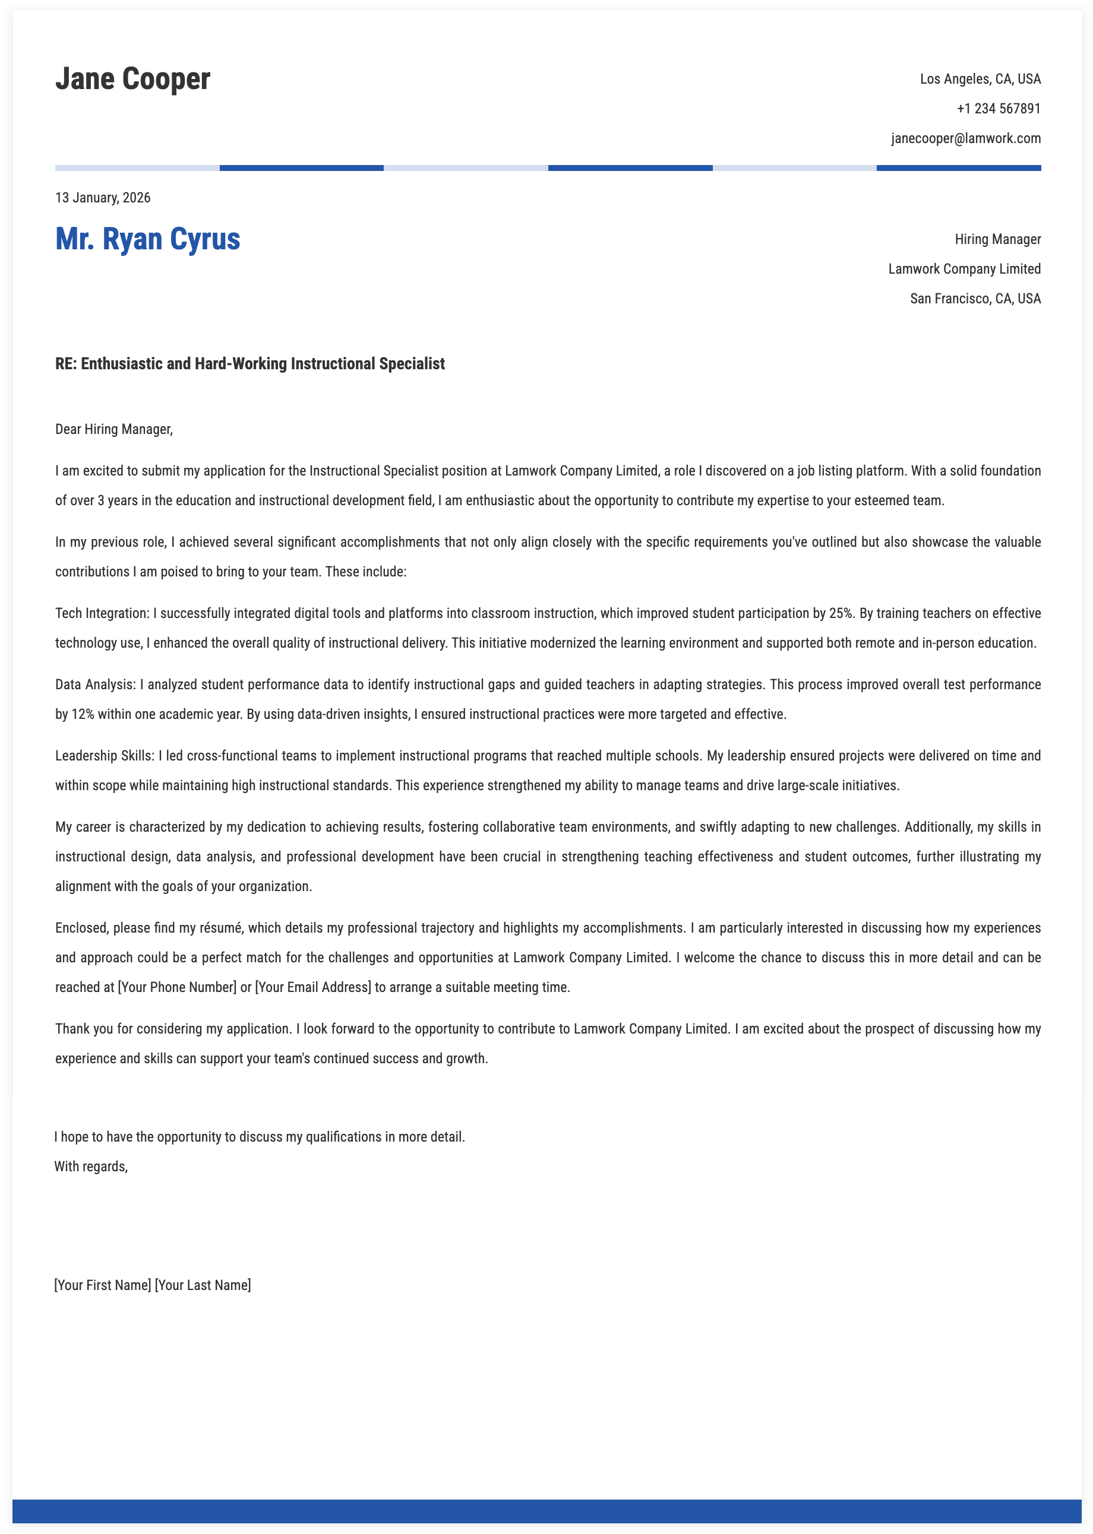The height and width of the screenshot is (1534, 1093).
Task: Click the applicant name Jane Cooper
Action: pyautogui.click(x=132, y=79)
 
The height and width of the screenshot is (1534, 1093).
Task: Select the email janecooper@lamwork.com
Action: pyautogui.click(x=965, y=138)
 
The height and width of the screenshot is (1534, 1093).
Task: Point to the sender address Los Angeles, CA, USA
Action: pyautogui.click(x=980, y=80)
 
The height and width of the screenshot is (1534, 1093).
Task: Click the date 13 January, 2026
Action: pyautogui.click(x=103, y=198)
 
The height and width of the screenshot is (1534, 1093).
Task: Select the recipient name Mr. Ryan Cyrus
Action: pyautogui.click(x=147, y=239)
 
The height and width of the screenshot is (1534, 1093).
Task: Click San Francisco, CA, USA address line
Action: pyautogui.click(x=975, y=299)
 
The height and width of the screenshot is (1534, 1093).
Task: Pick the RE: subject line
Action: pyautogui.click(x=249, y=364)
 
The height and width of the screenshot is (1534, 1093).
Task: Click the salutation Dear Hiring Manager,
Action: pyautogui.click(x=113, y=429)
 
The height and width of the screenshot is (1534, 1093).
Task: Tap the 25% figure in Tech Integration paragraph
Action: pyautogui.click(x=841, y=613)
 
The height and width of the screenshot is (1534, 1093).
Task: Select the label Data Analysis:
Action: pyautogui.click(x=96, y=684)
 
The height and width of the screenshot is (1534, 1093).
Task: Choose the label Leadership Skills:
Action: pyautogui.click(x=105, y=756)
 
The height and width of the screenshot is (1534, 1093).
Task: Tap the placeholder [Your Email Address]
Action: pyautogui.click(x=313, y=987)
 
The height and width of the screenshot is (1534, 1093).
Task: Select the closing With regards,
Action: pyautogui.click(x=91, y=1166)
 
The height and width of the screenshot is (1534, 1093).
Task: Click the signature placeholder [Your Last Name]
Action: pyautogui.click(x=203, y=1285)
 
